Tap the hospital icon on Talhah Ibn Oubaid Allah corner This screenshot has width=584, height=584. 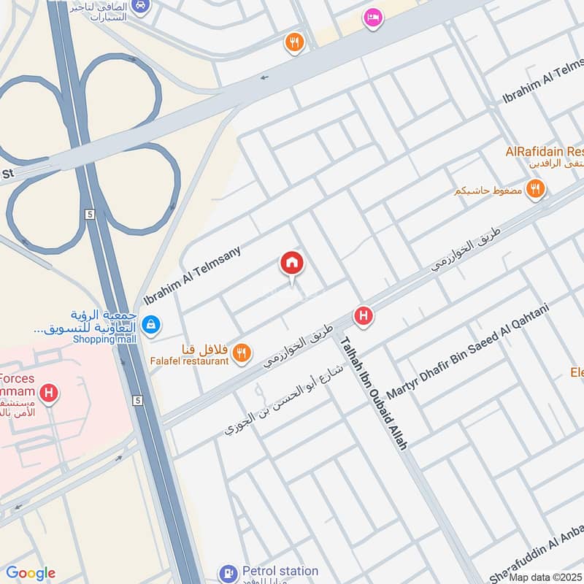[x=363, y=316]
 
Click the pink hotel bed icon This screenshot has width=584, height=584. [x=372, y=18]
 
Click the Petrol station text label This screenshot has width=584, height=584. [x=280, y=571]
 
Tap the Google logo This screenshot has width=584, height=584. [x=31, y=573]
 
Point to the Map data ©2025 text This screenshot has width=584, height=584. [x=546, y=577]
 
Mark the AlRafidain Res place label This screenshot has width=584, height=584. [x=545, y=152]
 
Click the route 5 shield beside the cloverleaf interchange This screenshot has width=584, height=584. [x=90, y=214]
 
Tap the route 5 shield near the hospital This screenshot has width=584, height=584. [x=137, y=400]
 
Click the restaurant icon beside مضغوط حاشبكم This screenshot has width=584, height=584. [x=536, y=190]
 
